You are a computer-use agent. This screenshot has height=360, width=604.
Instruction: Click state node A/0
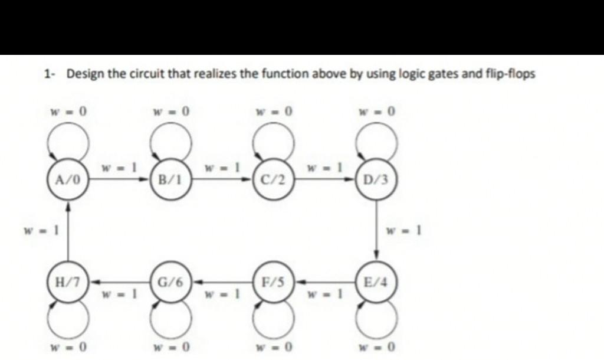coord(68,178)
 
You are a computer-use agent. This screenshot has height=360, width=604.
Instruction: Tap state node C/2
coord(273,178)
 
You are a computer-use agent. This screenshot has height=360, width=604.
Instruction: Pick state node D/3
coord(376,178)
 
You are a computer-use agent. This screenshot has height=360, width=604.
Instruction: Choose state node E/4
coord(376,282)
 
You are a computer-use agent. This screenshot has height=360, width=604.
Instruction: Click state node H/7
coord(68,282)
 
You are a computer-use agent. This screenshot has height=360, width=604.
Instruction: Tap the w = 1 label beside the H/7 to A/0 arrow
coord(40,230)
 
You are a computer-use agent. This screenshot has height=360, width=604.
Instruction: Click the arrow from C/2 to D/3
coord(324,178)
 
